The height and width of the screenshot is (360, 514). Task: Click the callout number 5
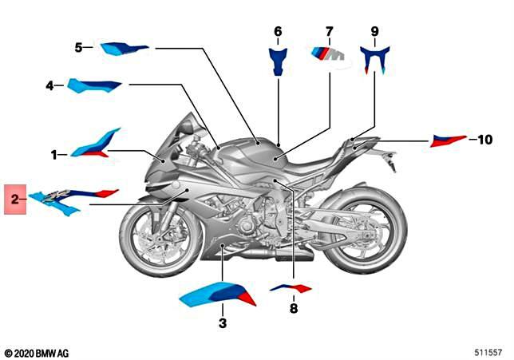point(79,48)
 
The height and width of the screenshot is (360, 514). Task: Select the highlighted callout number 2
point(15,199)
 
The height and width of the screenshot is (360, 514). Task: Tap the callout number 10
point(485,140)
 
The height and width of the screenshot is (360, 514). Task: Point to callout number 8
point(294,308)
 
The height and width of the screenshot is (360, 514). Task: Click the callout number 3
point(223,323)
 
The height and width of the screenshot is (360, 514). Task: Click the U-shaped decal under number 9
point(374,60)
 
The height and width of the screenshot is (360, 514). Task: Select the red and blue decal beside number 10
point(449,140)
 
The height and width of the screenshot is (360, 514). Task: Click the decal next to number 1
point(94,144)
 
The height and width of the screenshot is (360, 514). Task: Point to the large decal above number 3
point(218,295)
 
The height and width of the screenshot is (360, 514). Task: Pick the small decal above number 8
point(291,288)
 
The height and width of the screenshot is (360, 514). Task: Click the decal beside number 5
point(124,49)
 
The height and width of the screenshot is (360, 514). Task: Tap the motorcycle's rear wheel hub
point(366,235)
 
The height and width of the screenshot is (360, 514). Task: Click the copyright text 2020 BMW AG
point(37,354)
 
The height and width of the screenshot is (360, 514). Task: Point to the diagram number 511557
point(488,353)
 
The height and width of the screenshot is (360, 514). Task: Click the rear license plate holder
point(391,160)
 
